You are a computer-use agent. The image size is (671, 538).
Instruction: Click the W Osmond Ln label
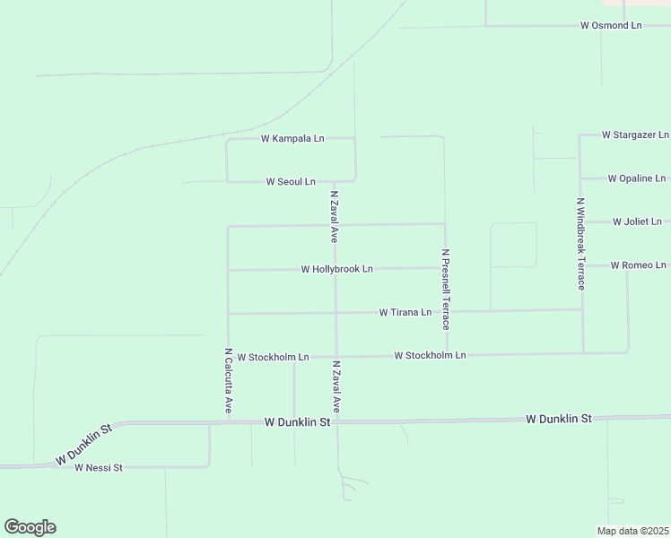point(611,25)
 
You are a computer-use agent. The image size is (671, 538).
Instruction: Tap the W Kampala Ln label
point(292,139)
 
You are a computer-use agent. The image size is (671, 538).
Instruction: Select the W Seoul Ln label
point(291,181)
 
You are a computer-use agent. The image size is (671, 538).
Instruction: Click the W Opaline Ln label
point(636,178)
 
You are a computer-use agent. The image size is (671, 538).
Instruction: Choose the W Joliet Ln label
point(637,221)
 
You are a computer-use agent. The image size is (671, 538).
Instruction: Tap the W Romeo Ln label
point(638,265)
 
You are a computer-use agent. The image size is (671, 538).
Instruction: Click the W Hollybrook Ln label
point(336,269)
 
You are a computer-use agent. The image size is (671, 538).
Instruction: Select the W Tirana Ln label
point(405,313)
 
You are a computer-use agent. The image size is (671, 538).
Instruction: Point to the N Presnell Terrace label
point(445,289)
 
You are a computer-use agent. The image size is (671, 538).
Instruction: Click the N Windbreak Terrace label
point(581,244)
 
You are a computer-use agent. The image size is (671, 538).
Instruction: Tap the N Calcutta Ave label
point(229,381)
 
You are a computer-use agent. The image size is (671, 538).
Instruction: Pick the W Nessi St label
point(98,468)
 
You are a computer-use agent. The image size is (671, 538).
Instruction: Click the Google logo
point(30,527)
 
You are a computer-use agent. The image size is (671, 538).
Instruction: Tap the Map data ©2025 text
point(632,531)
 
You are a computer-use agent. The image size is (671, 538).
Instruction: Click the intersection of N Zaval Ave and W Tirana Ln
point(336,313)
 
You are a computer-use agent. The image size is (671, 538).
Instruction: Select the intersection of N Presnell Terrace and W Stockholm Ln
point(446,355)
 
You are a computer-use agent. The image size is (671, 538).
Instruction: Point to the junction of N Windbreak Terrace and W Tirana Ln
point(583,310)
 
